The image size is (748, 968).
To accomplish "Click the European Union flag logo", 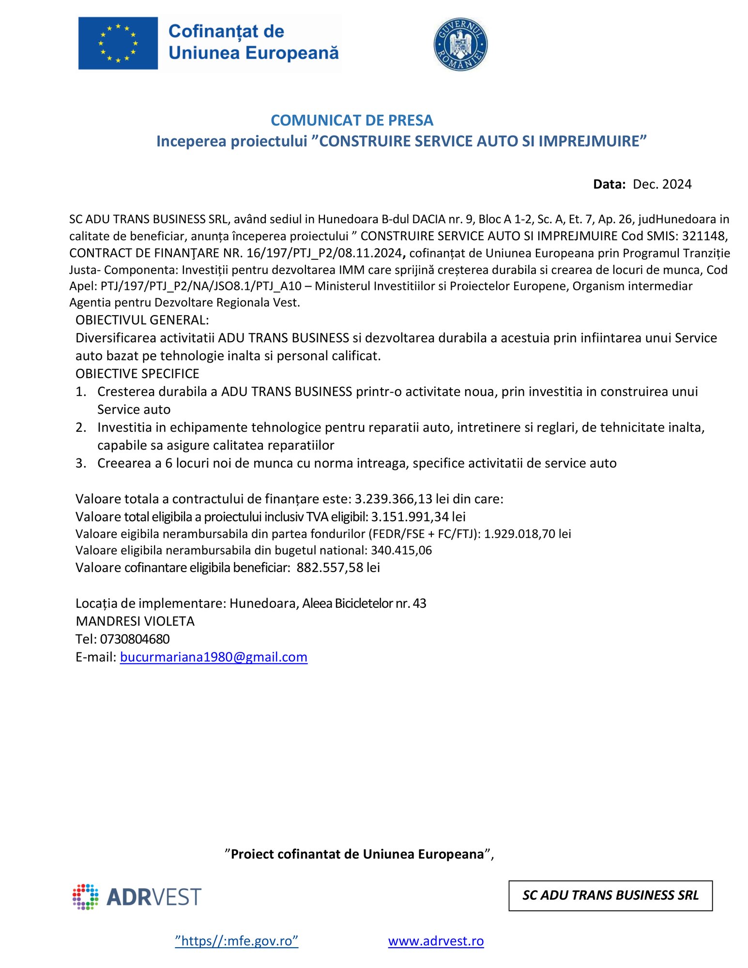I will tap(118, 43).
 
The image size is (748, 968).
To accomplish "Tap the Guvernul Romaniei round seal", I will tap(460, 45).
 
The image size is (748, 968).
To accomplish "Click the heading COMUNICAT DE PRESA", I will tap(351, 120).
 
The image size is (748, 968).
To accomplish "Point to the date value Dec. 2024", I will tap(662, 184).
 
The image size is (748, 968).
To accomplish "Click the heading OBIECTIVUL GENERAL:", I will tap(142, 320).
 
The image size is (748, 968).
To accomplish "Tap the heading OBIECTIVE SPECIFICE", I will tap(137, 374).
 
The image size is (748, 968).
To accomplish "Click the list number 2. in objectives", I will tap(81, 427).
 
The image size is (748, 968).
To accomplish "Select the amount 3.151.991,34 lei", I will tap(418, 516).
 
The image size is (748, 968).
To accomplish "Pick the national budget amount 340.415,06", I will tap(401, 550).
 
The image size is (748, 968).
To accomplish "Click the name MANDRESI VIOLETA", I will tap(135, 621).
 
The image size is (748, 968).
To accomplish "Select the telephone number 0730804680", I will tap(135, 639).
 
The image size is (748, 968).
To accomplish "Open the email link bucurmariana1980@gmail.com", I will tap(214, 657).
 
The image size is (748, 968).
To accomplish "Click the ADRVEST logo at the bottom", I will tap(137, 897).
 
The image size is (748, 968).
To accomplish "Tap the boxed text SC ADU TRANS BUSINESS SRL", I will tap(610, 895).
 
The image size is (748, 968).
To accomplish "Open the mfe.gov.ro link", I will tap(236, 941).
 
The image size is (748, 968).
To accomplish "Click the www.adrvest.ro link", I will tap(436, 941).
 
